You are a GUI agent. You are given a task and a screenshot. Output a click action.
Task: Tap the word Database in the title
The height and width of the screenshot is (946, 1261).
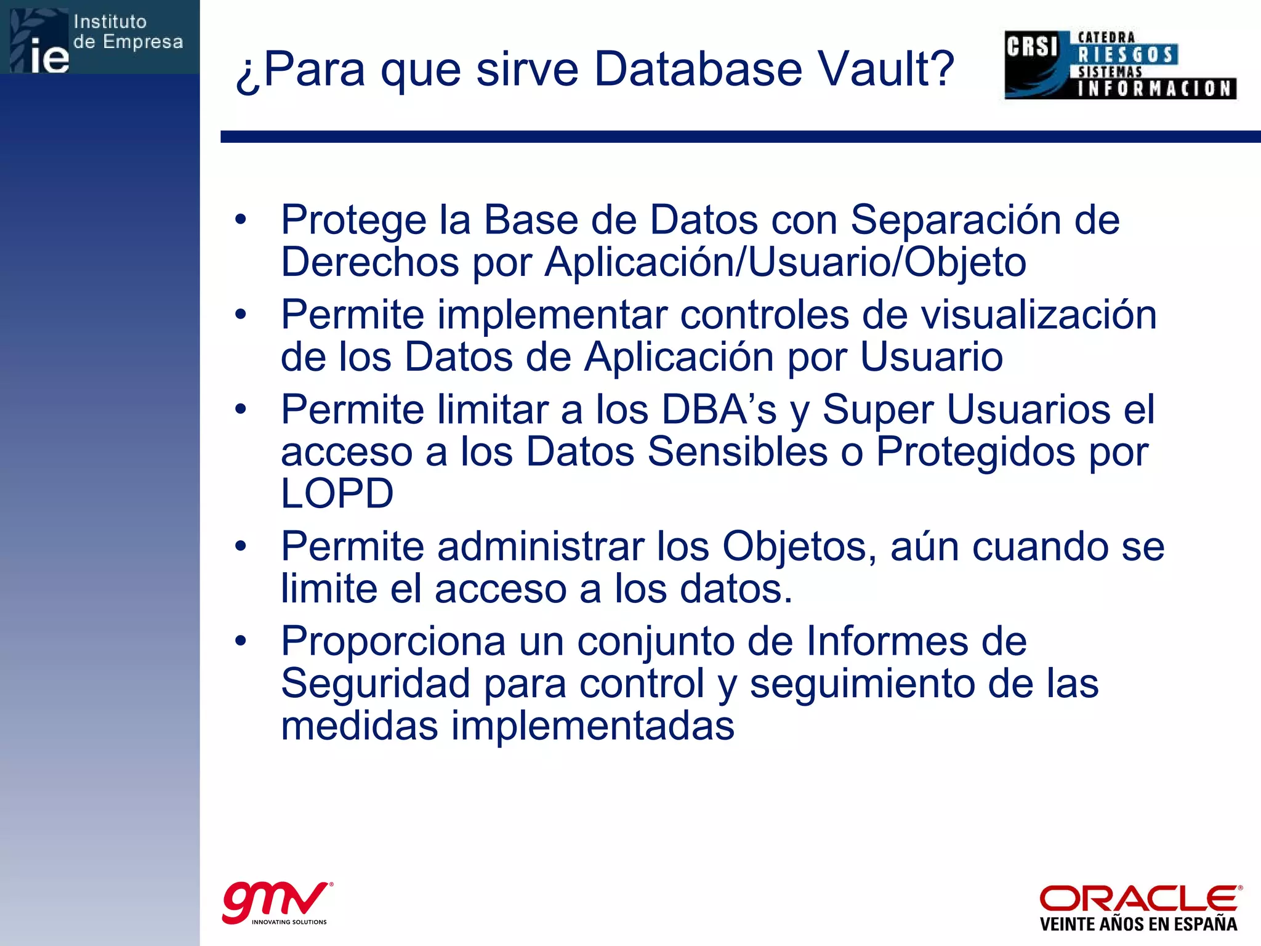pyautogui.click(x=698, y=69)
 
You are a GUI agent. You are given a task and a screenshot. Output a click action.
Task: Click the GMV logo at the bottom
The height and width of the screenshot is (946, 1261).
pyautogui.click(x=276, y=902)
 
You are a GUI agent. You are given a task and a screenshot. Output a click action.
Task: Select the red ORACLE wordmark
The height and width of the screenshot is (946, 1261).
pyautogui.click(x=1140, y=899)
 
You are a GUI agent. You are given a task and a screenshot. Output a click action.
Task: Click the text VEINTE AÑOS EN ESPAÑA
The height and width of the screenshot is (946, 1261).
pyautogui.click(x=1138, y=924)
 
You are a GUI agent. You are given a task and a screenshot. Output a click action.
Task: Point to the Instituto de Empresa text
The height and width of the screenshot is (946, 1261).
pyautogui.click(x=128, y=32)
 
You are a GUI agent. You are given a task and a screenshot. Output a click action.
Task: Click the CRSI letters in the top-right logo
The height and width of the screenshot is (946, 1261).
pyautogui.click(x=1032, y=47)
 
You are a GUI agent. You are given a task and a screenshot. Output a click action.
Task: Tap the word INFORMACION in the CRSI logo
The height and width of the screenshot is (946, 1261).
pyautogui.click(x=1155, y=89)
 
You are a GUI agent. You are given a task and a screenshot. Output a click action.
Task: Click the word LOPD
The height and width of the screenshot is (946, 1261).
pyautogui.click(x=337, y=494)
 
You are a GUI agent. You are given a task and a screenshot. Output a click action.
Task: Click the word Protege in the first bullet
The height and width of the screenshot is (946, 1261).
pyautogui.click(x=353, y=220)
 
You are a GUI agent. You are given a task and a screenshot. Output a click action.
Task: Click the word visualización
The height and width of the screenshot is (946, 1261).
pyautogui.click(x=1038, y=315)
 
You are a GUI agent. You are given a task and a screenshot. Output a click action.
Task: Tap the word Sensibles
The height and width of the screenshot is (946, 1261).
pyautogui.click(x=738, y=451)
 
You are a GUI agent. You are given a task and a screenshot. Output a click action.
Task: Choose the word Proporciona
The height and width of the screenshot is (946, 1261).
pyautogui.click(x=393, y=642)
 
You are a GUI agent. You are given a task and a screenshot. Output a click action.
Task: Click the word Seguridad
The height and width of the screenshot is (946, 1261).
pyautogui.click(x=375, y=684)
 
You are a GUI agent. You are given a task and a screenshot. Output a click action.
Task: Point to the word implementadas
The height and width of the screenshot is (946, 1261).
pyautogui.click(x=592, y=726)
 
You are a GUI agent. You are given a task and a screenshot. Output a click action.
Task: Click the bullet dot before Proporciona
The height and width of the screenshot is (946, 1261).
pyautogui.click(x=241, y=641)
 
